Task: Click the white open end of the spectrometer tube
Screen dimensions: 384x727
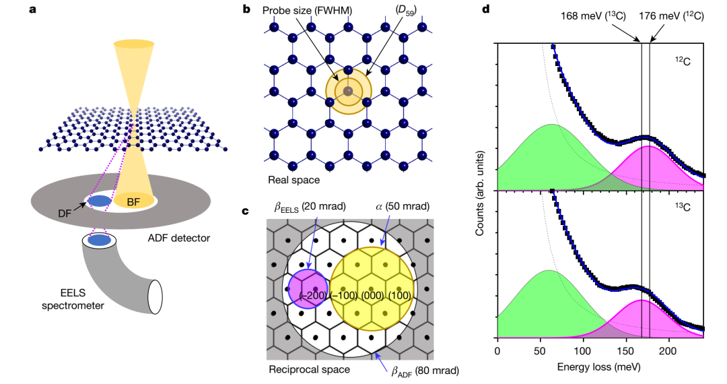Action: coord(155,296)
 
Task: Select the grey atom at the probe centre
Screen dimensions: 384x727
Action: coord(348,90)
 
